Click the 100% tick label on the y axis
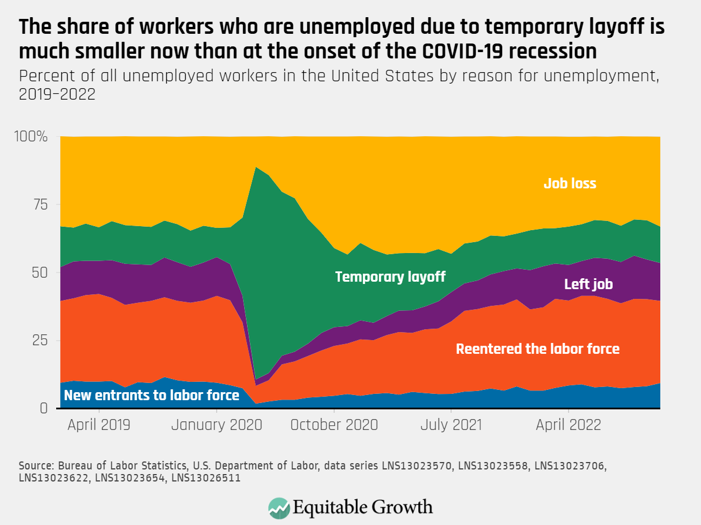click(30, 137)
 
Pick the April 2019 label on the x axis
click(99, 425)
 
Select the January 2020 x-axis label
click(216, 425)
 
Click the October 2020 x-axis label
click(334, 425)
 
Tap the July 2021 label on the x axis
click(451, 425)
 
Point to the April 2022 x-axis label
click(568, 425)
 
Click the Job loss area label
click(570, 184)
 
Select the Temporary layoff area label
click(390, 277)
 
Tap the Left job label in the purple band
click(589, 285)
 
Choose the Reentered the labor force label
click(538, 349)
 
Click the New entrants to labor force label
click(151, 396)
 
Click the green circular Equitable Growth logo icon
click(279, 507)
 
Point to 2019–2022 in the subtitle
click(57, 94)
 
